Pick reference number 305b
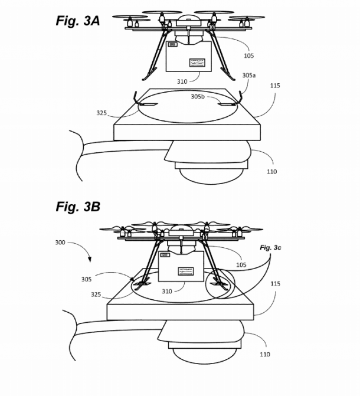pyautogui.click(x=198, y=96)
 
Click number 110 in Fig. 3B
pyautogui.click(x=265, y=354)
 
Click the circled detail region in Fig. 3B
pyautogui.click(x=221, y=286)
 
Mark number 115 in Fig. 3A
pyautogui.click(x=275, y=86)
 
